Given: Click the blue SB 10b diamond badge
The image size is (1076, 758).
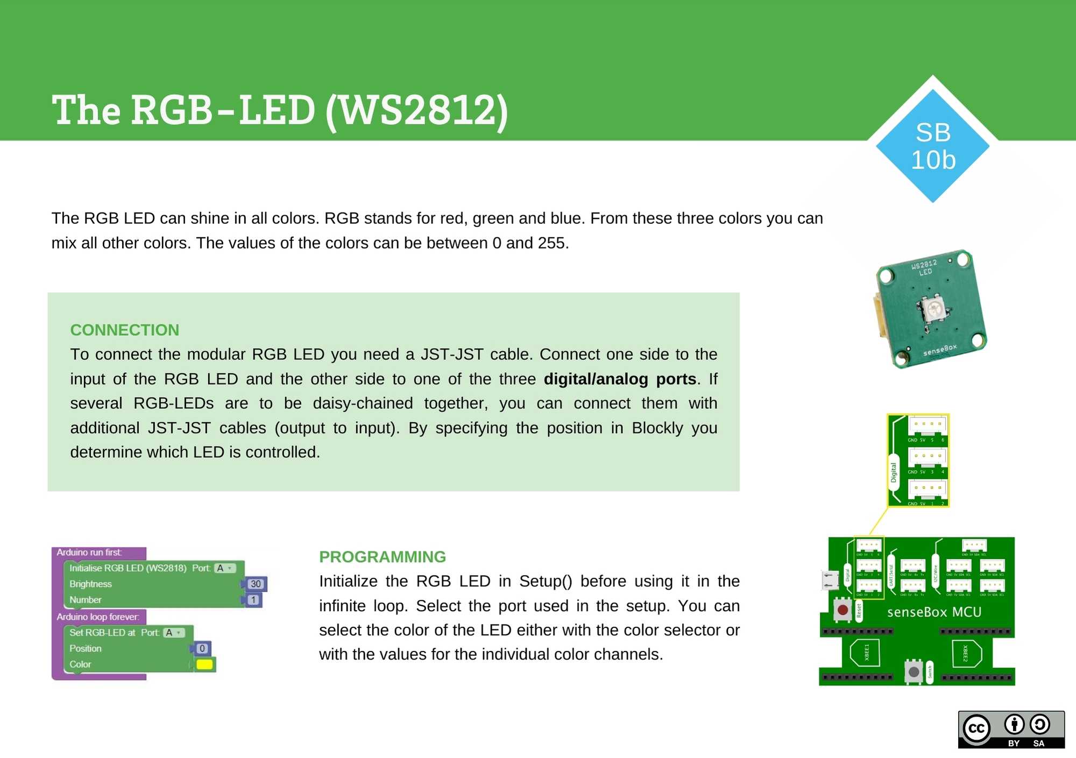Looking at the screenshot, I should coord(933,146).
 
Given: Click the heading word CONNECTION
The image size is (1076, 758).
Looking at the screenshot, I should coord(124,330).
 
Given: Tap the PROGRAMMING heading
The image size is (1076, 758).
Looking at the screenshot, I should coord(383,557).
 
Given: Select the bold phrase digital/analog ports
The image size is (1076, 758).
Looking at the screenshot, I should coord(620,379).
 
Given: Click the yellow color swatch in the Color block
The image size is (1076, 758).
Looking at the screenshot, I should coord(204,664).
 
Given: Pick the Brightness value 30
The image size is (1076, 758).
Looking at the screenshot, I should coord(256,584).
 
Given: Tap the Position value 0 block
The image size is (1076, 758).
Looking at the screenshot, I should coord(202,649).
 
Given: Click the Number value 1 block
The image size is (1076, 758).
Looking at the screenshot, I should coord(253,600).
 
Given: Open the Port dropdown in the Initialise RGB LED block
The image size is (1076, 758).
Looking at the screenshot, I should coord(224,568).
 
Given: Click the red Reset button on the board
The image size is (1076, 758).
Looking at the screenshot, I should coord(843,610).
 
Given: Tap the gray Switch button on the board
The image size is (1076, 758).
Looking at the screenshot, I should coord(914,671).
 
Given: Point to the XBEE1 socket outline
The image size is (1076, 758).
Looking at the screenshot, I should coord(865,653).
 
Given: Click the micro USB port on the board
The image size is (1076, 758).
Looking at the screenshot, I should coord(830,580).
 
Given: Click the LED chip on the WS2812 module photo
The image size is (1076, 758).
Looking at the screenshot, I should coord(933,309).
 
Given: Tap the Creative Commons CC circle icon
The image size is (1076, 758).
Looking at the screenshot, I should coord(976,729).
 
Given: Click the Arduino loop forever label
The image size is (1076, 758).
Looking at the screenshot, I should coord(98,617).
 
